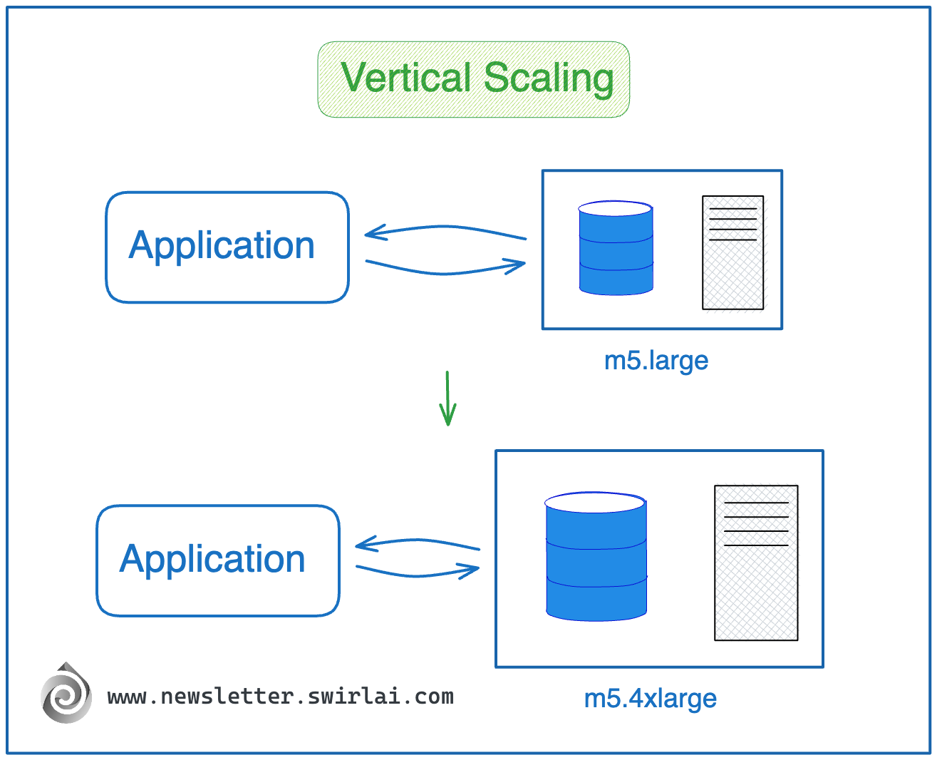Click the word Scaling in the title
point(549,78)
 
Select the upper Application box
point(227,247)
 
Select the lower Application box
point(218,560)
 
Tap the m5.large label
point(656,361)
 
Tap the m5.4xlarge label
point(650,699)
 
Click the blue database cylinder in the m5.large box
point(616,253)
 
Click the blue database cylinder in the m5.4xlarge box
point(596,563)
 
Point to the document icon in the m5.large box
point(732,252)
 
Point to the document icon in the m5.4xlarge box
point(756,563)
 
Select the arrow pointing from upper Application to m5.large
point(445,270)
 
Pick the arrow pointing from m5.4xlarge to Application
point(418,543)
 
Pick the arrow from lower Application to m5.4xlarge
point(418,572)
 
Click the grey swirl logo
point(66,694)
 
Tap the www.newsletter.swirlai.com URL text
point(280,697)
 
